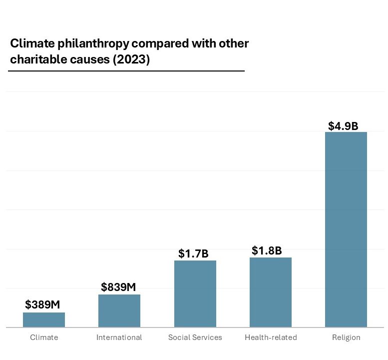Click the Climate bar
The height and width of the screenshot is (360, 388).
pyautogui.click(x=44, y=320)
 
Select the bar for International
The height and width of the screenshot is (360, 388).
pyautogui.click(x=119, y=311)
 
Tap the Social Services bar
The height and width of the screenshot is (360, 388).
pyautogui.click(x=195, y=294)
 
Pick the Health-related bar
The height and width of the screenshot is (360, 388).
pyautogui.click(x=271, y=292)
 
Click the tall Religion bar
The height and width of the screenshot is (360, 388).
pyautogui.click(x=346, y=229)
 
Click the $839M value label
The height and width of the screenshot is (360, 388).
pyautogui.click(x=118, y=287)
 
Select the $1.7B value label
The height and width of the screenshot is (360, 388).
pyautogui.click(x=193, y=253)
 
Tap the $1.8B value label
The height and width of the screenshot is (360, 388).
pyautogui.click(x=267, y=250)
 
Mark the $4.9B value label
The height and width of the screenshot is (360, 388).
pyautogui.click(x=343, y=126)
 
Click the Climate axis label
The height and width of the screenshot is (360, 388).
pyautogui.click(x=44, y=337)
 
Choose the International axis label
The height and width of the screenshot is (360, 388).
pyautogui.click(x=119, y=337)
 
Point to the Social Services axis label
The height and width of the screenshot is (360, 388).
pyautogui.click(x=195, y=337)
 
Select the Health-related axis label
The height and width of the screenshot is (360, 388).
pyautogui.click(x=271, y=337)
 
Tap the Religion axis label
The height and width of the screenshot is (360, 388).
pyautogui.click(x=346, y=337)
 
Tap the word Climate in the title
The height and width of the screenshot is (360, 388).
pyautogui.click(x=28, y=43)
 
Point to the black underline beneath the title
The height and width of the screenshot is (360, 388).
pyautogui.click(x=126, y=71)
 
